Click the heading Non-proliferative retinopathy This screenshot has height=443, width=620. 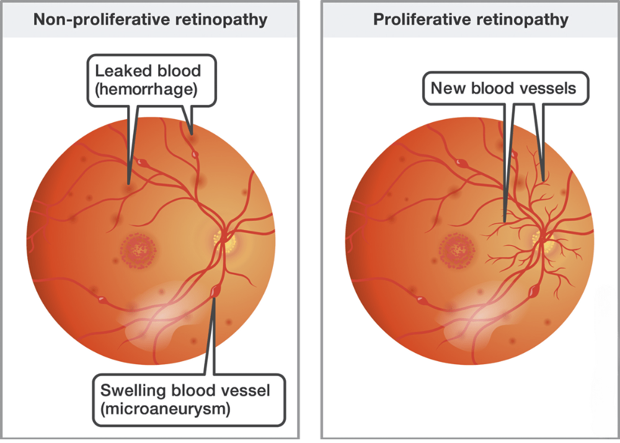[150, 19]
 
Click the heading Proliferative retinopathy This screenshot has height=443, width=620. [471, 19]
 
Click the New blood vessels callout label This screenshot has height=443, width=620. [503, 87]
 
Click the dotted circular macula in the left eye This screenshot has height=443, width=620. [139, 251]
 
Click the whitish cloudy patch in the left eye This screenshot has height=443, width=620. [161, 313]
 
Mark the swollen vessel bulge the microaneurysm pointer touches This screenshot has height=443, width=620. [215, 290]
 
